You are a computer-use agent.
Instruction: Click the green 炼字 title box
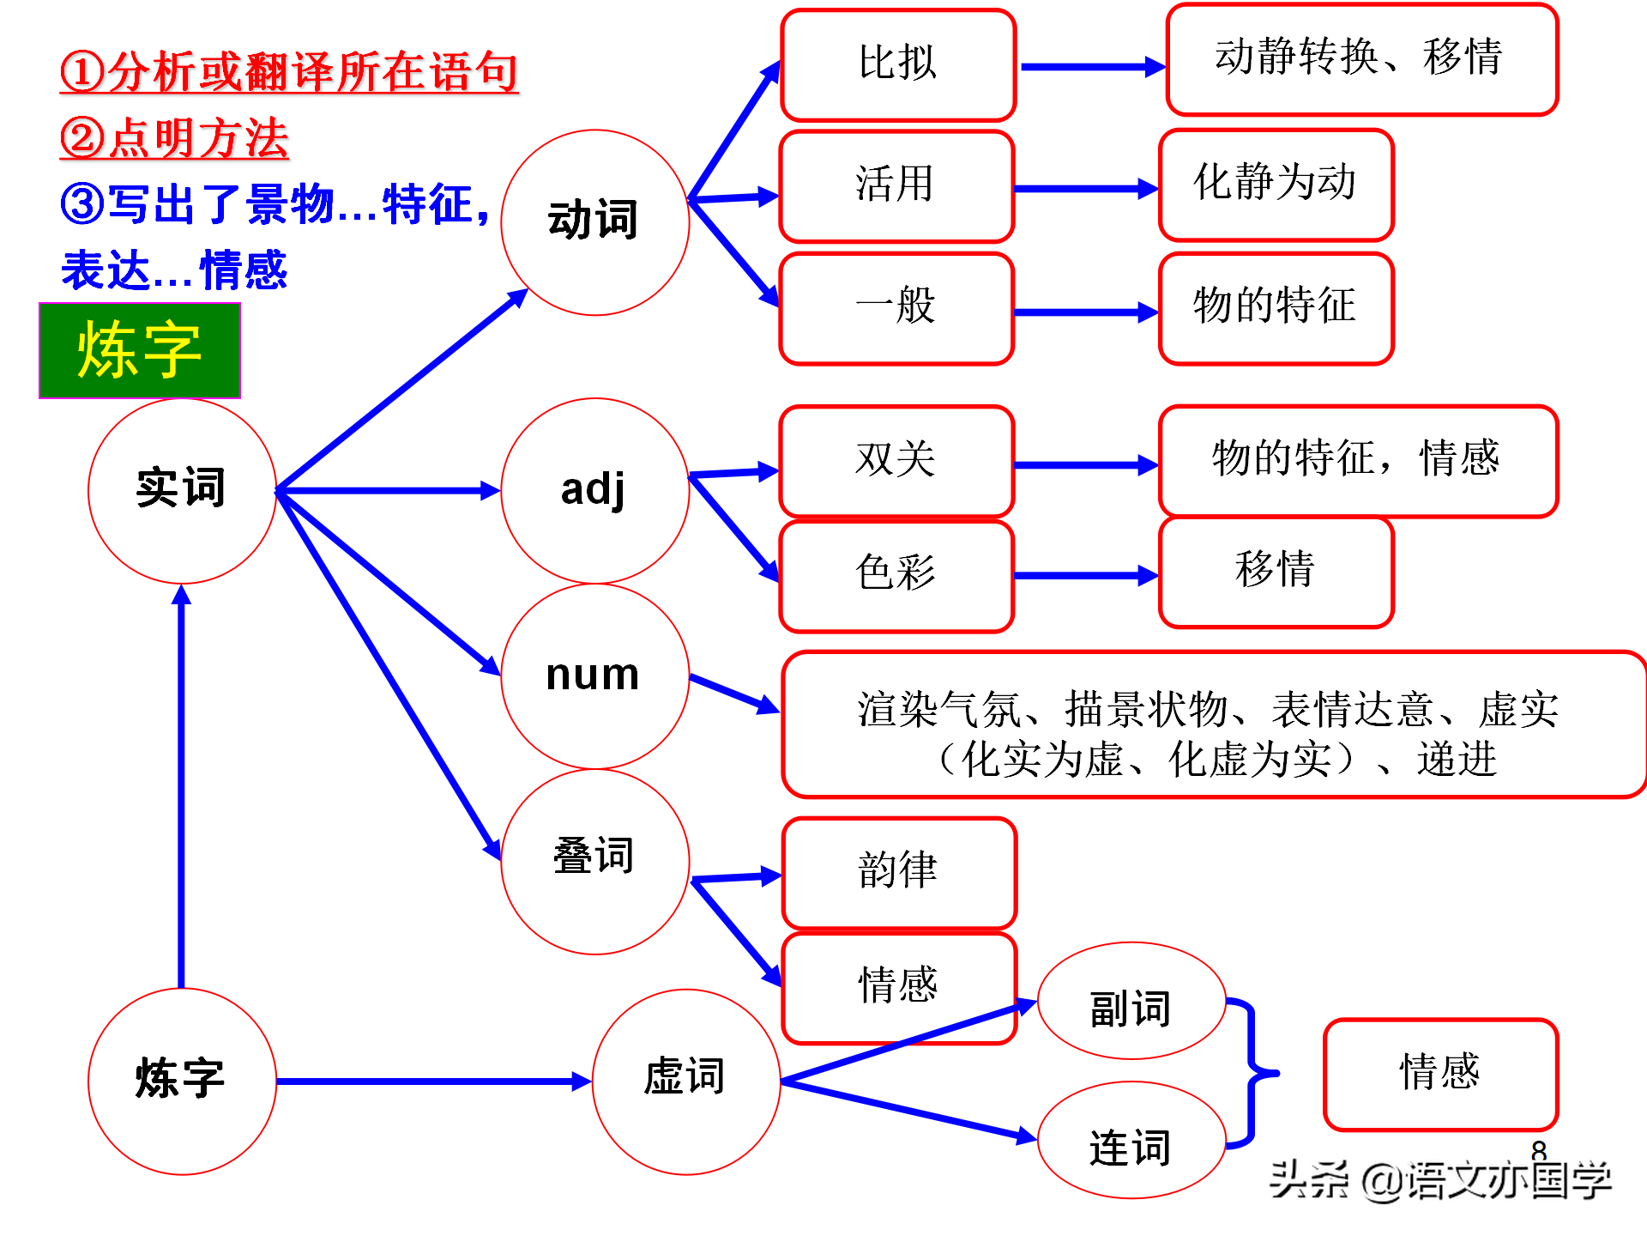(140, 350)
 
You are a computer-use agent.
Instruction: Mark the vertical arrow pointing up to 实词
(181, 786)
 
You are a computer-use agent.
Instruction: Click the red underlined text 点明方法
(175, 138)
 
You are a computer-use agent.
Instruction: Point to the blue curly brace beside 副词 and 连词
(1252, 1073)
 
